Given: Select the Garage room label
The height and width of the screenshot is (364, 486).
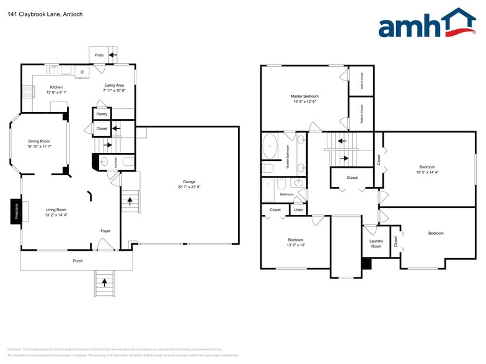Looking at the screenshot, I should pyautogui.click(x=189, y=181).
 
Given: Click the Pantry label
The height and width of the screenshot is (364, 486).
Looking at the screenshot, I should pyautogui.click(x=102, y=114).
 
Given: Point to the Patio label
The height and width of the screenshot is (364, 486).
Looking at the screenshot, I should pyautogui.click(x=99, y=55).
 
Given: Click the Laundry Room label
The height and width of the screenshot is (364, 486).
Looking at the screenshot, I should pyautogui.click(x=376, y=243).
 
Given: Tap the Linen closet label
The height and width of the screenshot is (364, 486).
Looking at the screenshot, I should pyautogui.click(x=298, y=210).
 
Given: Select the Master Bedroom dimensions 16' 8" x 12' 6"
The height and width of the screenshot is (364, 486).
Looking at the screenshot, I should pyautogui.click(x=304, y=102).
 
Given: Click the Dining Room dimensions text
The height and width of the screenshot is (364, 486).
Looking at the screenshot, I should pyautogui.click(x=39, y=147).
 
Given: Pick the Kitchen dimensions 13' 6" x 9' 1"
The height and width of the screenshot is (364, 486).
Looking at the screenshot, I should pyautogui.click(x=56, y=92).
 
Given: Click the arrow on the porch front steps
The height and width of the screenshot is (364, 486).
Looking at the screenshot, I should pyautogui.click(x=104, y=284).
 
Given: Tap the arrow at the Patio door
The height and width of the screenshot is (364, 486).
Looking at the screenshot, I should pyautogui.click(x=112, y=54).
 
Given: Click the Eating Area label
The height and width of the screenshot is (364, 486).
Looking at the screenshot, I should pyautogui.click(x=114, y=85).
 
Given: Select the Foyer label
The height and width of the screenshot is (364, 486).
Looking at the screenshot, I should pyautogui.click(x=105, y=231).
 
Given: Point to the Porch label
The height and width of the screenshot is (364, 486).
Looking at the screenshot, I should pyautogui.click(x=77, y=261).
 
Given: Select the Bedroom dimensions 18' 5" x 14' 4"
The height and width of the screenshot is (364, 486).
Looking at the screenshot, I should pyautogui.click(x=427, y=172).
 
